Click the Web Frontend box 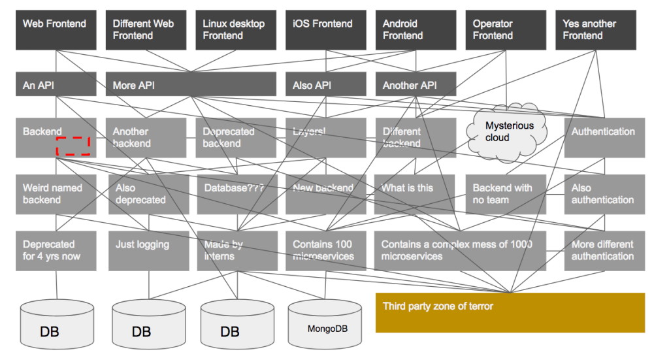56,30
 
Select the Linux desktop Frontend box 236,30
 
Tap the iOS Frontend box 326,30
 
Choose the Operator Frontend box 506,30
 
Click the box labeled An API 56,84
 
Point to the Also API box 326,84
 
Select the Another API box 416,84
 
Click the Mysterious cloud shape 507,132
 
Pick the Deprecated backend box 236,138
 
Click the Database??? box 237,194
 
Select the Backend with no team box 506,194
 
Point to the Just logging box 149,251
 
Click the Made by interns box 237,251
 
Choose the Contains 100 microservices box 326,251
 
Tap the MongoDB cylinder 325,324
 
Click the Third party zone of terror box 510,313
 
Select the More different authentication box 604,251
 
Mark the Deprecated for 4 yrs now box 56,251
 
